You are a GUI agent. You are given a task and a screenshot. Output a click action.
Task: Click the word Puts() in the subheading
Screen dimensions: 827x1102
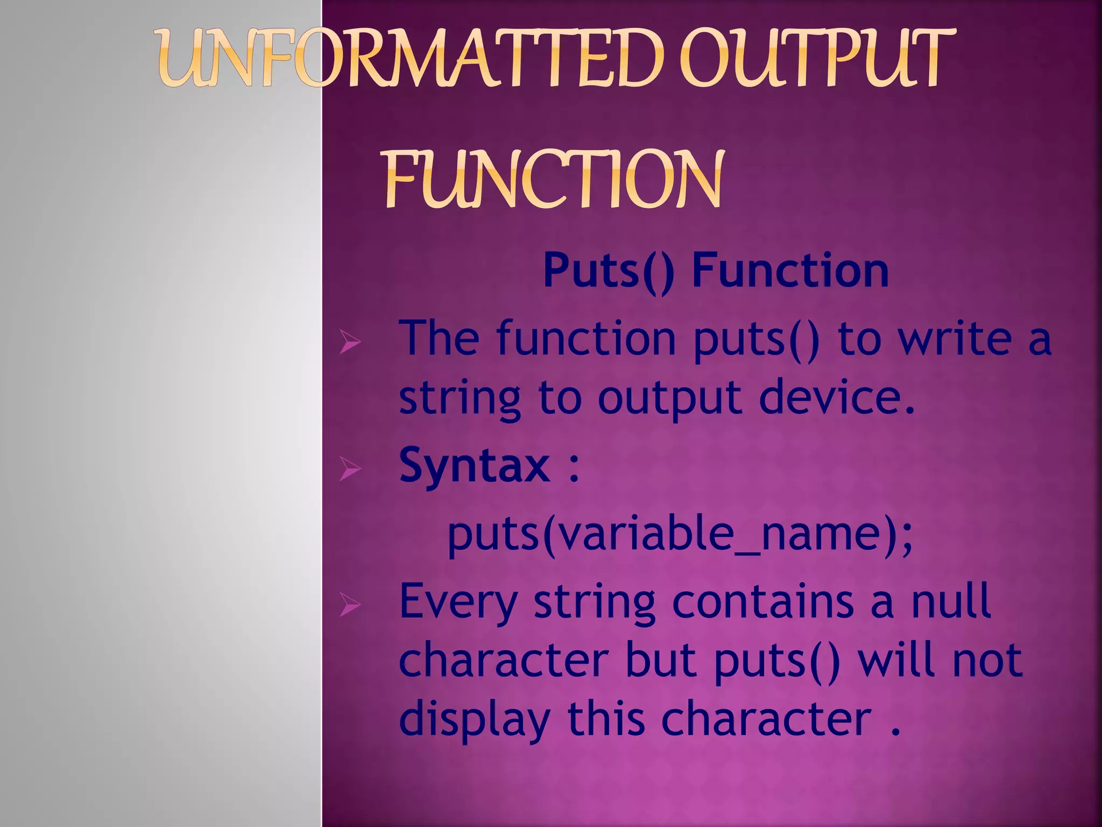tap(608, 271)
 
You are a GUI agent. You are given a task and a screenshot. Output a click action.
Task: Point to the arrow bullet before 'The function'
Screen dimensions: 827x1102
tap(350, 343)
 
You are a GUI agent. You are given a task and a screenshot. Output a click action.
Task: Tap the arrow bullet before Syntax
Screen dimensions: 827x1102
tap(350, 469)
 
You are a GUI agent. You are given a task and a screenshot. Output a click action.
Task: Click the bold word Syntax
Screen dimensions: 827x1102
tap(474, 466)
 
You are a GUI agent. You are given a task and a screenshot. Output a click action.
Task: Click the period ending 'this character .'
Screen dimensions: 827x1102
tap(895, 731)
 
